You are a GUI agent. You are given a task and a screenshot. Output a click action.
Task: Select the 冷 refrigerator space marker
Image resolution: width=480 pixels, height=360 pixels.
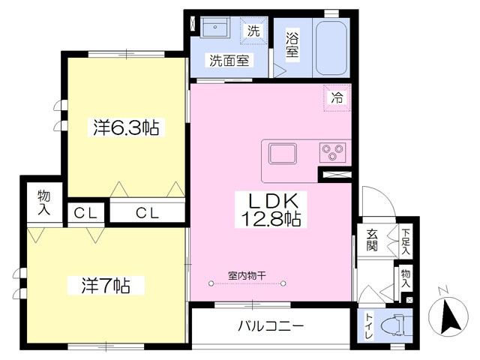pyautogui.click(x=337, y=97)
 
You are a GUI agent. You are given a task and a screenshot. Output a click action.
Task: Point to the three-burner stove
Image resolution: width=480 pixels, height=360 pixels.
pyautogui.click(x=331, y=152)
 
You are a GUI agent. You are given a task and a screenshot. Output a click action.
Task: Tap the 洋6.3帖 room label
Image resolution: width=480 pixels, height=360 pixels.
pyautogui.click(x=126, y=128)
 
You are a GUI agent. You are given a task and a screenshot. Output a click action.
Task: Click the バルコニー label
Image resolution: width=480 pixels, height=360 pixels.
pyautogui.click(x=271, y=326)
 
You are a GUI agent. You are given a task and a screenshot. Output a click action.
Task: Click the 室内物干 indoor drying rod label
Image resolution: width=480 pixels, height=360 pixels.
pyautogui.click(x=247, y=275)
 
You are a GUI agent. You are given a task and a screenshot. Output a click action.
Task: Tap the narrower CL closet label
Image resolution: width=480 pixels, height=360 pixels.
pyautogui.click(x=87, y=213)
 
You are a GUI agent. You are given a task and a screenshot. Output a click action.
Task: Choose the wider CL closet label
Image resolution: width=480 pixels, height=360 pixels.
pyautogui.click(x=147, y=213)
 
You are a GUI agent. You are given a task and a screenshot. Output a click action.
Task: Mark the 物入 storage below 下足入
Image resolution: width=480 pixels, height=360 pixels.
pyautogui.click(x=406, y=278)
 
